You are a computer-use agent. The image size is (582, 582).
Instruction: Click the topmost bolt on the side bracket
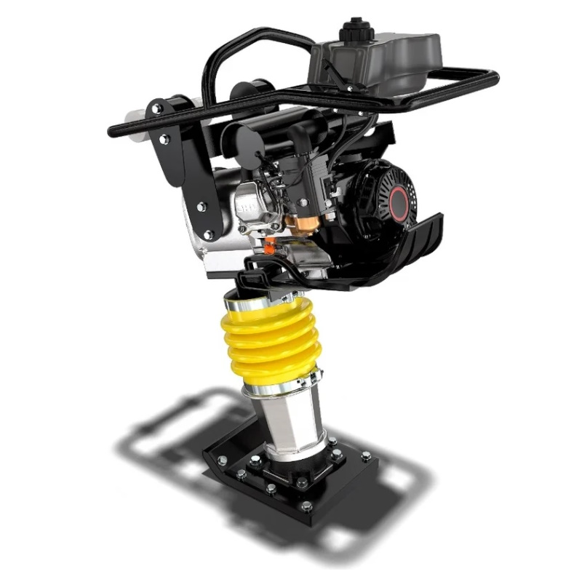[x=156, y=108]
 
